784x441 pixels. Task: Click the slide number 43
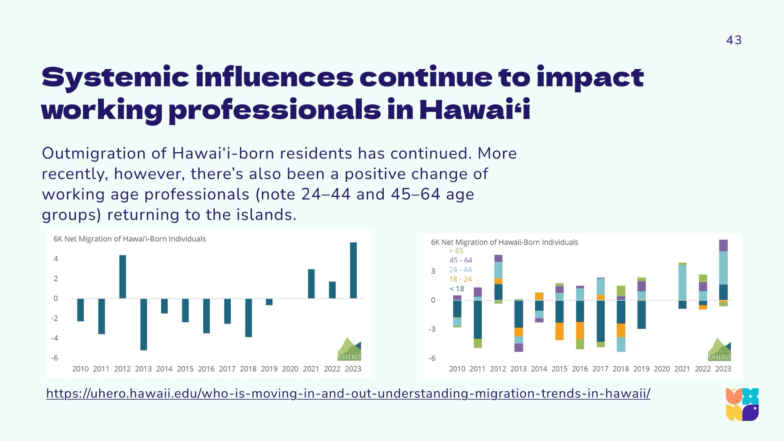click(734, 40)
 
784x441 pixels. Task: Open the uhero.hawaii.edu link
click(348, 394)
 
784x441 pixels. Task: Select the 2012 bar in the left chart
click(122, 276)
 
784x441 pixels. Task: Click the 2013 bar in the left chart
click(143, 324)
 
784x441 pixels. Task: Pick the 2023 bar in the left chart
click(353, 270)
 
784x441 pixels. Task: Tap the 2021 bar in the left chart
click(311, 284)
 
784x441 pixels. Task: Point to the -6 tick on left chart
click(55, 358)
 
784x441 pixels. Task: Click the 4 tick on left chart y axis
click(56, 259)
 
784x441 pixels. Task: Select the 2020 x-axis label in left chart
click(290, 369)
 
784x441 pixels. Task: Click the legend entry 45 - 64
click(461, 260)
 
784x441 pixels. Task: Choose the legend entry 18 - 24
click(460, 279)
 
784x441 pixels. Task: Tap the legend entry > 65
click(456, 251)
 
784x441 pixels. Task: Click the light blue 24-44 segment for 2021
click(682, 283)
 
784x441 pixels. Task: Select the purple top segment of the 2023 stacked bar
click(723, 245)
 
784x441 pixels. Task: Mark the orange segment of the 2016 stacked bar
click(580, 330)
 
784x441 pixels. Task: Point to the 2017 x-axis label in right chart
click(600, 369)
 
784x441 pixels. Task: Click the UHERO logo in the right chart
click(719, 350)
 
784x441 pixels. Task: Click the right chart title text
click(504, 242)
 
